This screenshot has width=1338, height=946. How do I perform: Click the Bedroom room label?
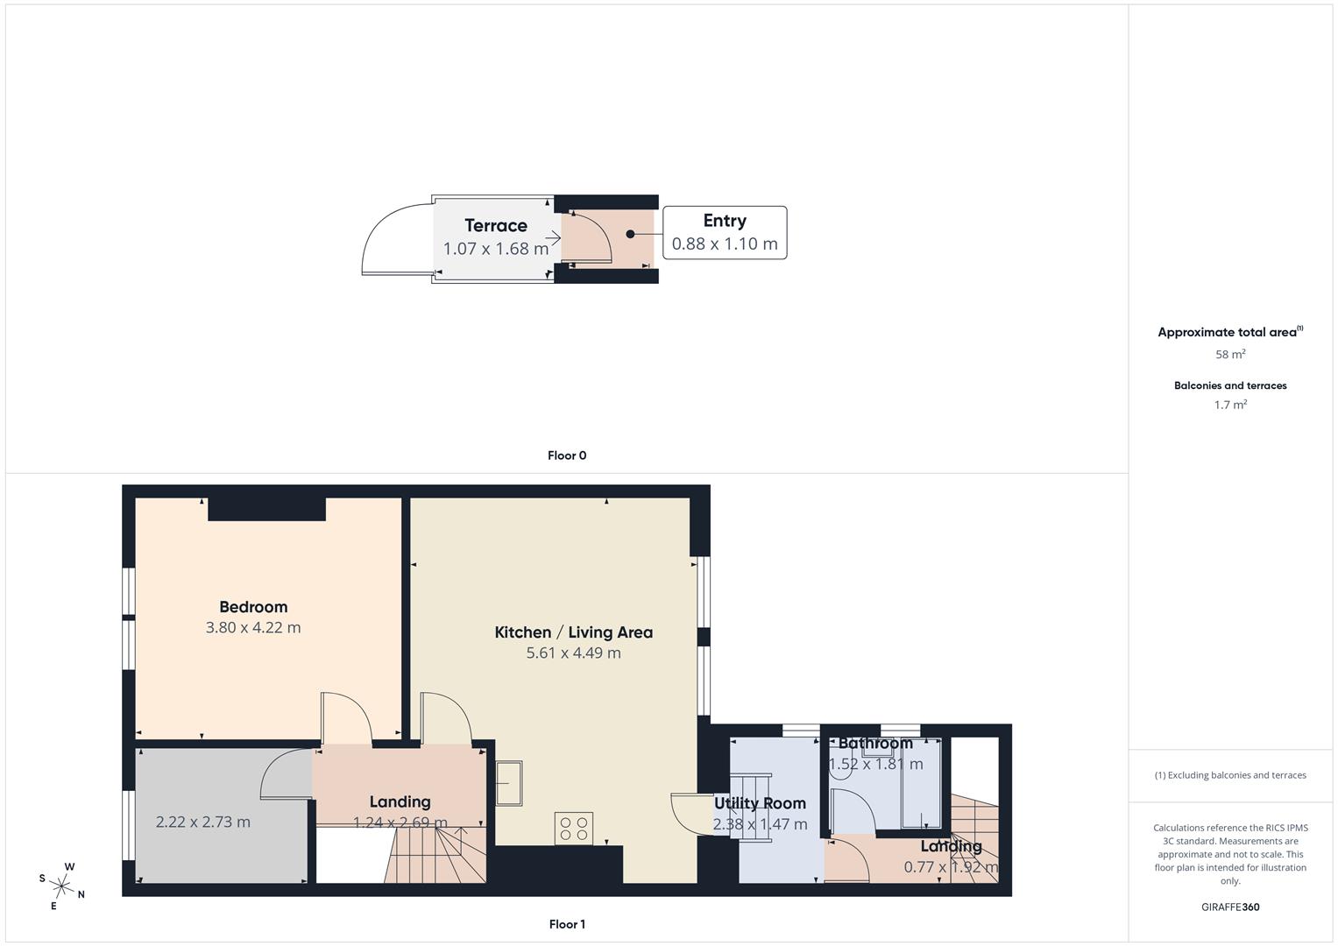pyautogui.click(x=253, y=607)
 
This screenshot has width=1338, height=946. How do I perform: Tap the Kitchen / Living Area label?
pyautogui.click(x=573, y=632)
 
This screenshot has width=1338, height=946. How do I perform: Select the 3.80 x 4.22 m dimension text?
pyautogui.click(x=253, y=628)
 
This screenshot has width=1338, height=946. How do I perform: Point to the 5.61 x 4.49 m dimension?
pyautogui.click(x=573, y=653)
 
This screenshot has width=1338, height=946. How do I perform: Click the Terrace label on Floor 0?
pyautogui.click(x=496, y=226)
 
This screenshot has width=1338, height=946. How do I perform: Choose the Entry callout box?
pyautogui.click(x=725, y=233)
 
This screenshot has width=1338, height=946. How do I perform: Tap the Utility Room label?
pyautogui.click(x=760, y=803)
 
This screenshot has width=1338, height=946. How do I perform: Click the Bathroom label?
pyautogui.click(x=875, y=744)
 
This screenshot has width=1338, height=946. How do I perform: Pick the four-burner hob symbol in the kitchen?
pyautogui.click(x=574, y=829)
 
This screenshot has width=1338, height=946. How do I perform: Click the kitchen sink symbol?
pyautogui.click(x=509, y=782)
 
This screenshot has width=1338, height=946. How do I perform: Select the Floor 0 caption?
pyautogui.click(x=567, y=455)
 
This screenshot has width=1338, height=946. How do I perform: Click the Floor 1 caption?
pyautogui.click(x=567, y=924)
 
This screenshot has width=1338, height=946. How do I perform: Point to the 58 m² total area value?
pyautogui.click(x=1230, y=355)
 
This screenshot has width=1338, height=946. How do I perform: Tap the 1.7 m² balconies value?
pyautogui.click(x=1230, y=405)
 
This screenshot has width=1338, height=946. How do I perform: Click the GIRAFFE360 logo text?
pyautogui.click(x=1230, y=907)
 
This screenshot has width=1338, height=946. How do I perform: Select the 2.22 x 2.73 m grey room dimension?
pyautogui.click(x=203, y=822)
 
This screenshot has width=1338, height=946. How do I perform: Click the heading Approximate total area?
pyautogui.click(x=1227, y=333)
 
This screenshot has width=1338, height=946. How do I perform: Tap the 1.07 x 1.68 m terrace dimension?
pyautogui.click(x=496, y=249)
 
